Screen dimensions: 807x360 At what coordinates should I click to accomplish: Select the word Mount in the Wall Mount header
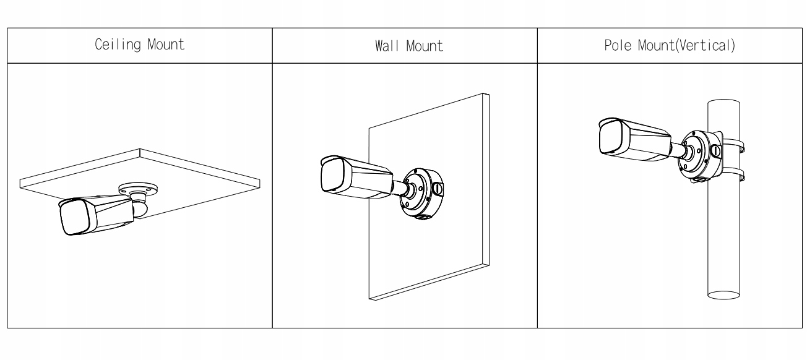click(x=424, y=46)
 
